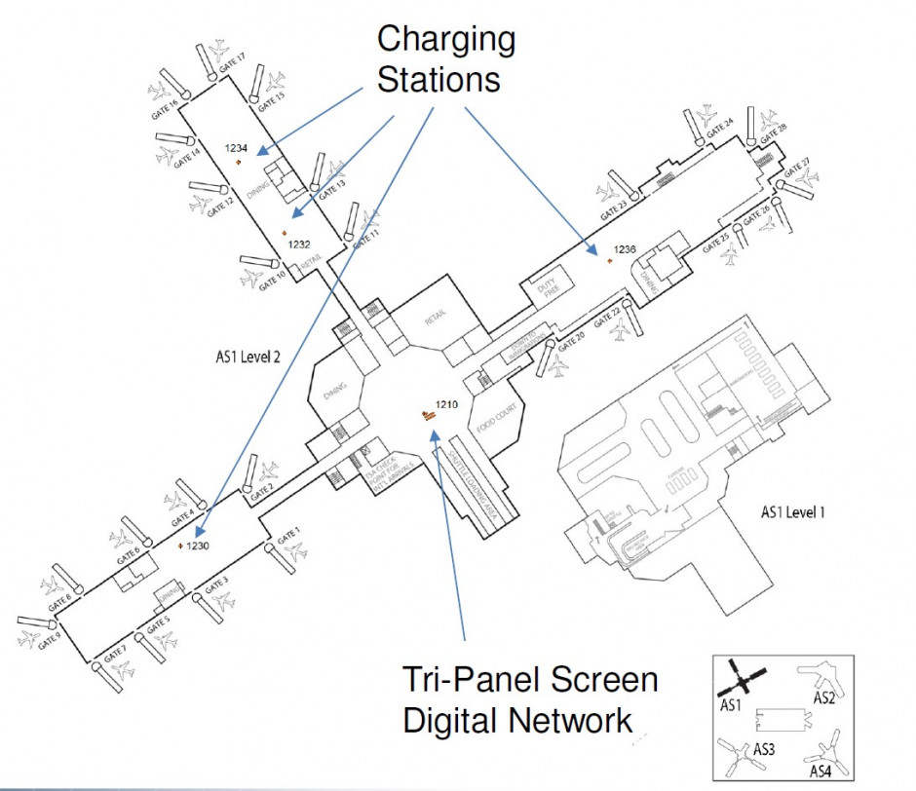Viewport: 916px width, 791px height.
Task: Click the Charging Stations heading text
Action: (445, 59)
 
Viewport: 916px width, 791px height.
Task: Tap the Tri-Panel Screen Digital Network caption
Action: (529, 699)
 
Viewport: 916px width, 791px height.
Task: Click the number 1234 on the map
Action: (237, 148)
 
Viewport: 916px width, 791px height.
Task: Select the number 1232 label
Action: (298, 245)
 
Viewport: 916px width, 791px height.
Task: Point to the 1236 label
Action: (625, 250)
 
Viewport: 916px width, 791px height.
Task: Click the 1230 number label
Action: (199, 546)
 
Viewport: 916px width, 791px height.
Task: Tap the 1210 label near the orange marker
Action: (446, 404)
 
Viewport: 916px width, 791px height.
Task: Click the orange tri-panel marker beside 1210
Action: (427, 415)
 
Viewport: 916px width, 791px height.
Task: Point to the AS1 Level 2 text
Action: (248, 358)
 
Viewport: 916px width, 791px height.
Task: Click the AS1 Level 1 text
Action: (792, 512)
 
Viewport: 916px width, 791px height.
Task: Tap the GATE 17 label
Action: (232, 61)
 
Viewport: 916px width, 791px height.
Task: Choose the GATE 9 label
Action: (49, 644)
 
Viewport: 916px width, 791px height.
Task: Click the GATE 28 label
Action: (776, 129)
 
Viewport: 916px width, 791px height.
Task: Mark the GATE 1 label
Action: (287, 535)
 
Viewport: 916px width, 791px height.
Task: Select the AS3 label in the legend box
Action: (764, 750)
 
